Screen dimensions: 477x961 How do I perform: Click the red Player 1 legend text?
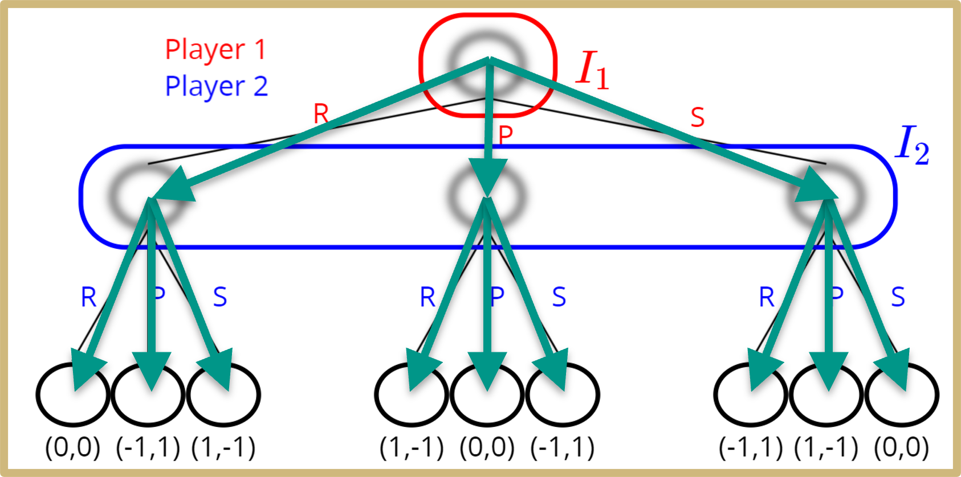(215, 50)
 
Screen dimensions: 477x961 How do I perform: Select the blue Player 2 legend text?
(216, 87)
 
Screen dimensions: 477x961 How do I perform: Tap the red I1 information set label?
(593, 70)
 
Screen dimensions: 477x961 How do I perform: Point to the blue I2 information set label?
(912, 146)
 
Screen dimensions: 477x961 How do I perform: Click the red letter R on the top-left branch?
(321, 114)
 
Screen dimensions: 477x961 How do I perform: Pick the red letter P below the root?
(506, 135)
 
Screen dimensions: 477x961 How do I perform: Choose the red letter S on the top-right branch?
(697, 117)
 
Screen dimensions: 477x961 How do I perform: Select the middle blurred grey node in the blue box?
(485, 195)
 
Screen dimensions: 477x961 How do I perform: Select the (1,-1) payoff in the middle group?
(412, 448)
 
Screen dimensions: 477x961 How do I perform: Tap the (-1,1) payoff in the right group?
(751, 448)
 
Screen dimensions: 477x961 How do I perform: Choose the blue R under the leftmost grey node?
(89, 297)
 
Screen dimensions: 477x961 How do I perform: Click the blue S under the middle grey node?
(559, 297)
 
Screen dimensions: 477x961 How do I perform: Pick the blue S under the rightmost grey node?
(898, 297)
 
